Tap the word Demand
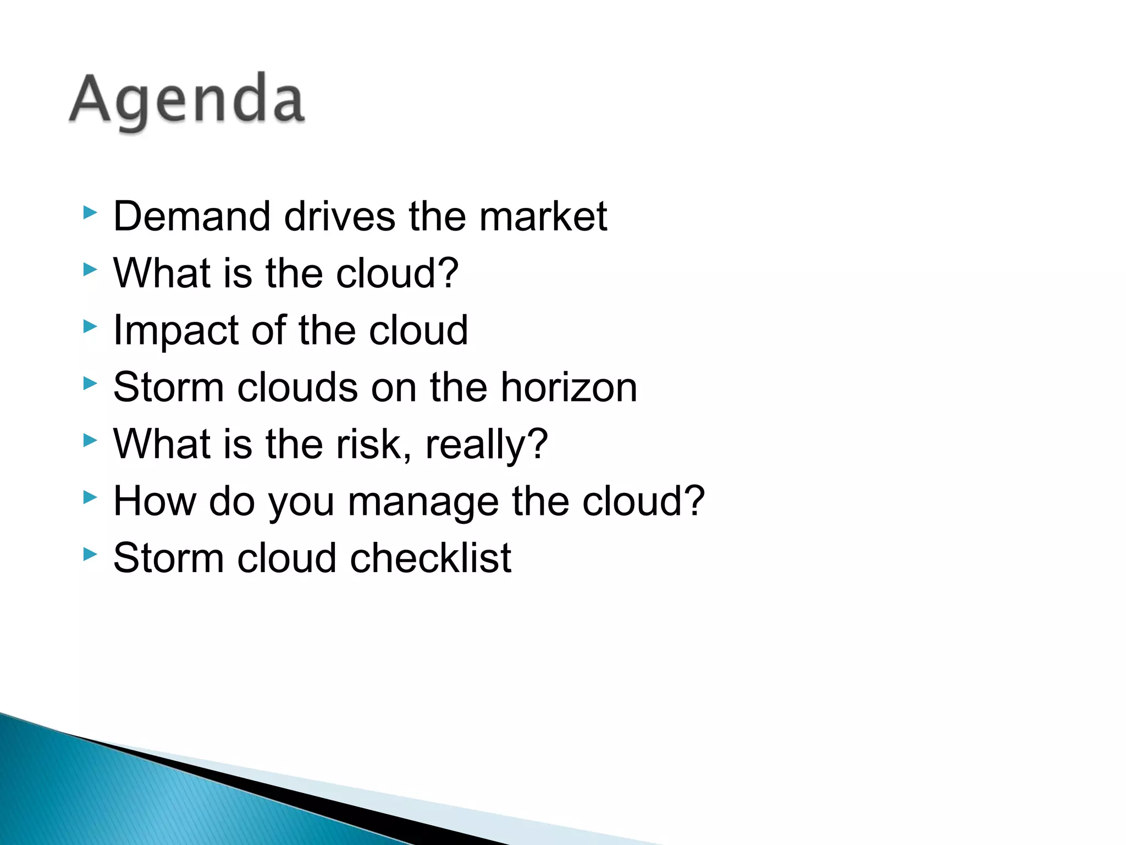[x=192, y=216]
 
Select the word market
[x=543, y=216]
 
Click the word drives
[x=339, y=216]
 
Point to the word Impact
[x=176, y=331]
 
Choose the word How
[x=154, y=501]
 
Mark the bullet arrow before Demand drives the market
[x=90, y=212]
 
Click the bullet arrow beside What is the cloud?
[x=90, y=269]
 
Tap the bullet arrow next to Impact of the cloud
[x=90, y=326]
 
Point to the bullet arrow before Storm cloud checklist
[x=90, y=554]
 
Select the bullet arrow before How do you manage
[x=90, y=497]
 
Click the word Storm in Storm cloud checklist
[x=168, y=558]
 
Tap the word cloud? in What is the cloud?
[x=397, y=273]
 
